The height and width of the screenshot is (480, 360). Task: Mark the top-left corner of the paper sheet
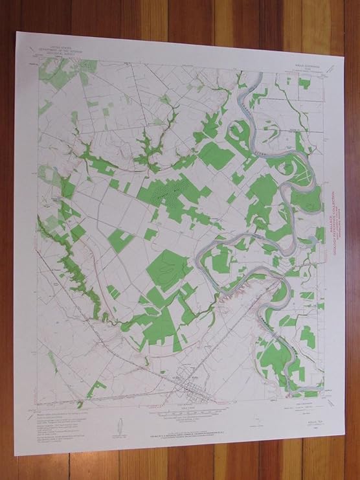[16, 30]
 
